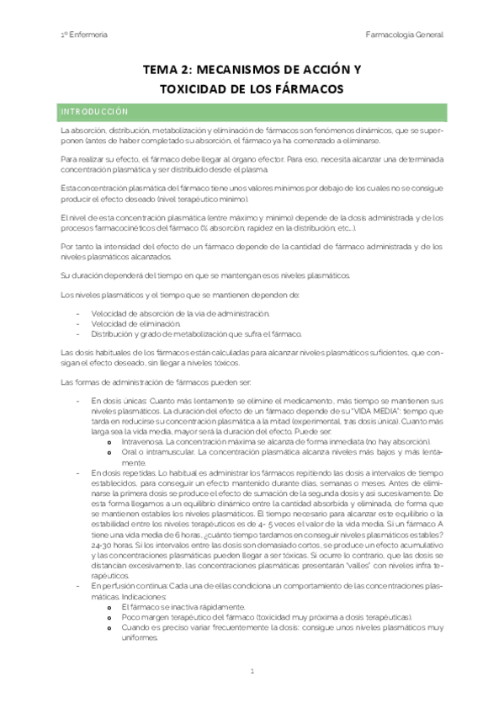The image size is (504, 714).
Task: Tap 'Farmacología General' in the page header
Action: (x=405, y=35)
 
